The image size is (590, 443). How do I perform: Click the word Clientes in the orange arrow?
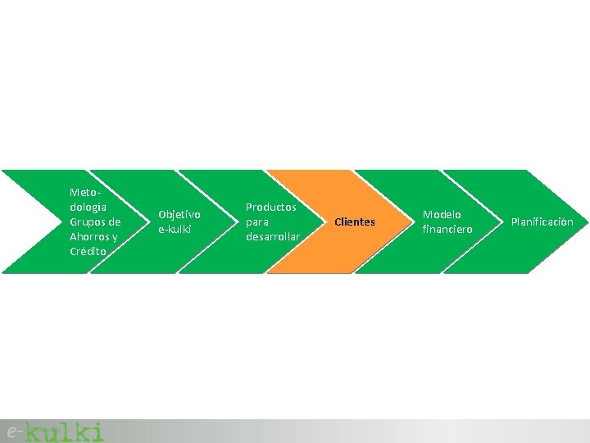[355, 222]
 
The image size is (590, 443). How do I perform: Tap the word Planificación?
[542, 222]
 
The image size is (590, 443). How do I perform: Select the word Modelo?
[442, 214]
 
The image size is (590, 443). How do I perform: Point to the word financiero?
[447, 230]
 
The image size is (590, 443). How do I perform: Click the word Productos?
[271, 207]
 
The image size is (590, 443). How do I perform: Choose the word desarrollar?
[273, 237]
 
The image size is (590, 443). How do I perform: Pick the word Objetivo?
[179, 214]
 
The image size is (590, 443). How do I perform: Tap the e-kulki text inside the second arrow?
[174, 230]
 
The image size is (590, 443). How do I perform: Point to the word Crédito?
[88, 251]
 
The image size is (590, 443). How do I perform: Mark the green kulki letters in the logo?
[65, 432]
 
